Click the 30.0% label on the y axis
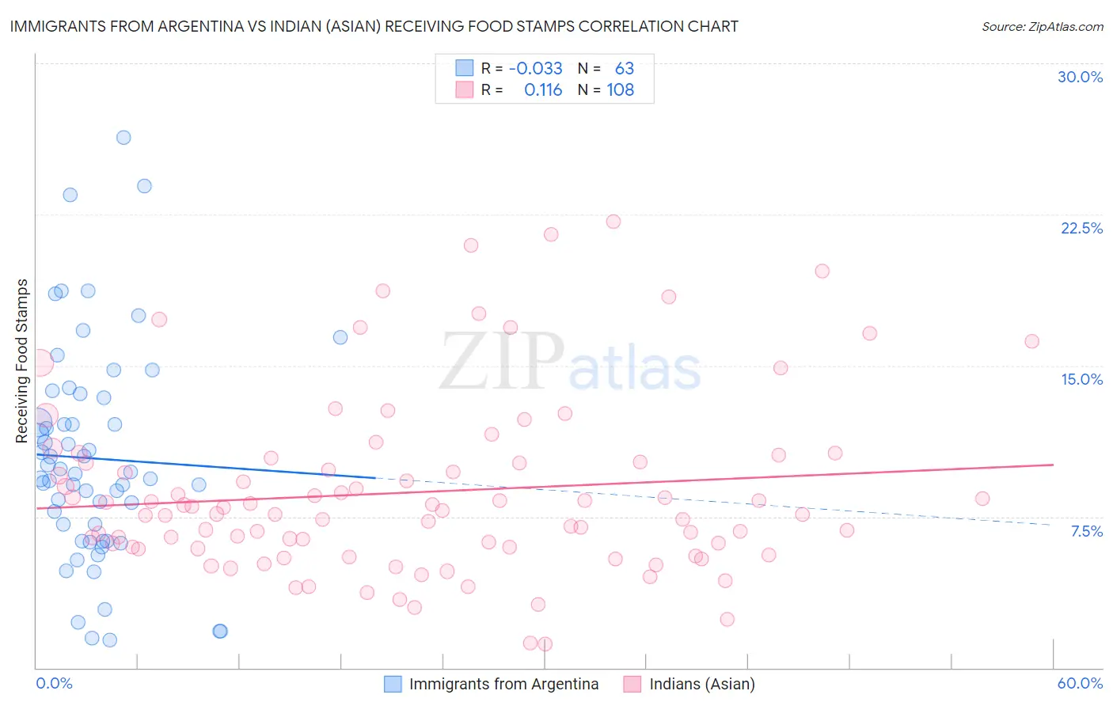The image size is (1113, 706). pos(1080,77)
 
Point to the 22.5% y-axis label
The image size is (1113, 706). pos(1081,228)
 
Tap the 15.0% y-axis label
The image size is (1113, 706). pos(1081,379)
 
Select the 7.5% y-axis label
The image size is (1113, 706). pos(1086,531)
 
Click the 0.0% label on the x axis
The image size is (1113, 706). pos(54,683)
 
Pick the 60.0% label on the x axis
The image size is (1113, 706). pos(1080,683)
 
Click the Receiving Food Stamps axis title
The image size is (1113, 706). pos(22,361)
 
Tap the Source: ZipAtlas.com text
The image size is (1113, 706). pos(1042,26)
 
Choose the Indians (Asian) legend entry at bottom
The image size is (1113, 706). pos(701,684)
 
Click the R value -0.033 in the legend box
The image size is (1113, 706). pos(535,68)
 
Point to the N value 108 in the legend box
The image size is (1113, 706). pos(620,89)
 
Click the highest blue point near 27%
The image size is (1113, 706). pos(123,137)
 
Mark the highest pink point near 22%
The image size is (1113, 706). pos(613,222)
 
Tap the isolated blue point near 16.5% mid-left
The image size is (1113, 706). pos(340,337)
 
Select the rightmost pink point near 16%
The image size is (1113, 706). pos(1031,341)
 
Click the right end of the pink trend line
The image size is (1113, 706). pos(1053,465)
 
